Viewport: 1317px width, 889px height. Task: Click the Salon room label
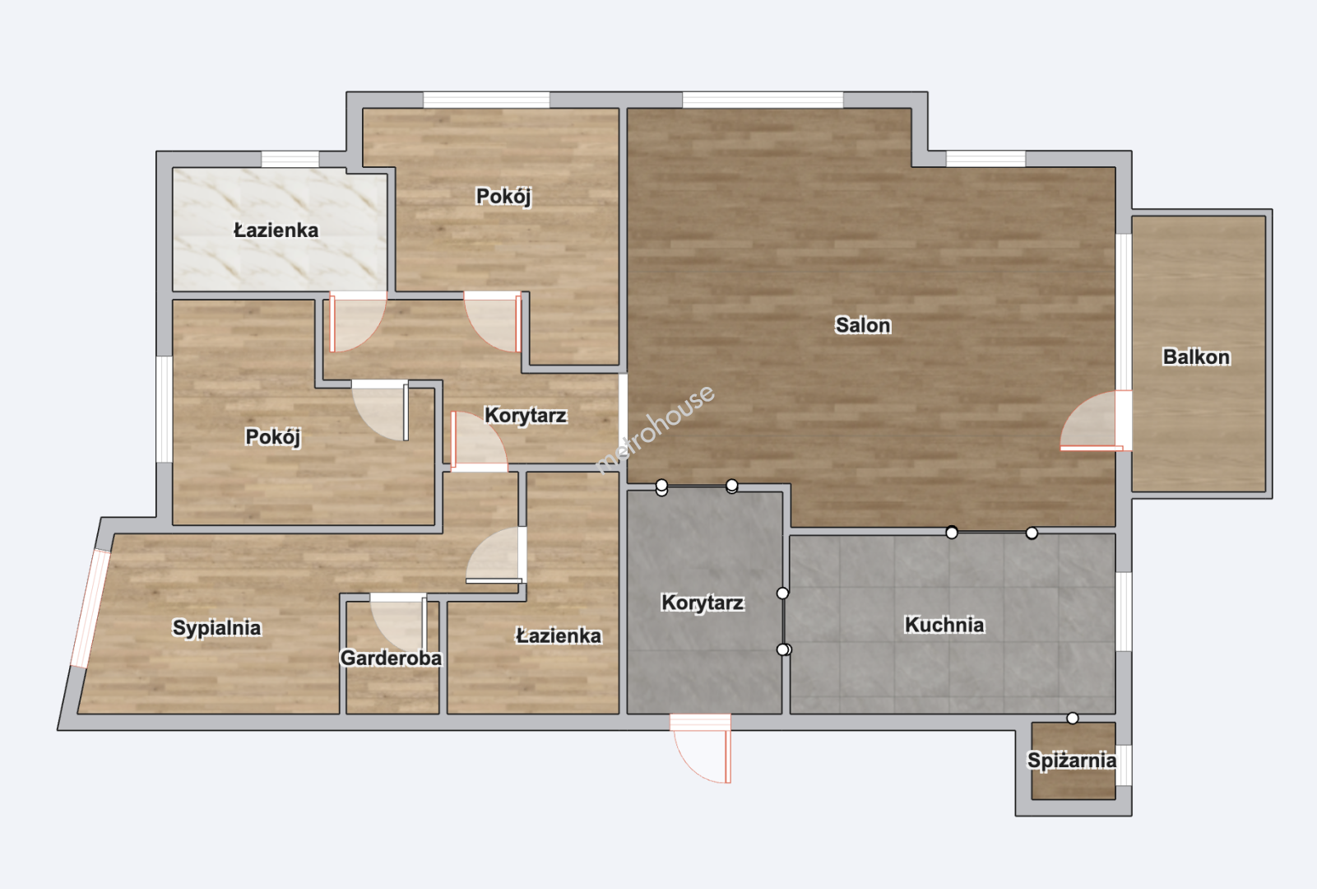point(863,325)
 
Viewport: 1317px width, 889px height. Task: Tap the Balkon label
point(1196,357)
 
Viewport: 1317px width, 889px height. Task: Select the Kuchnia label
point(944,625)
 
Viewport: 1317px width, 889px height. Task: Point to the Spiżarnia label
point(1072,761)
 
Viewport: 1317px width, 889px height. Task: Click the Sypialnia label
point(216,628)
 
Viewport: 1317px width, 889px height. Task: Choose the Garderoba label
point(391,659)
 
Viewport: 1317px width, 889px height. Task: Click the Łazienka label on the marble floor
point(276,230)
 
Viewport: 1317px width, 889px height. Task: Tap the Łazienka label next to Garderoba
point(559,636)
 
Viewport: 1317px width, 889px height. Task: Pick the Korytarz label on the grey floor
point(703,603)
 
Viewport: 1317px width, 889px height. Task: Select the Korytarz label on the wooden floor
point(526,416)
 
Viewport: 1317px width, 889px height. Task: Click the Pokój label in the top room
point(503,197)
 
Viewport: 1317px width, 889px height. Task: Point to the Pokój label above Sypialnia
point(273,437)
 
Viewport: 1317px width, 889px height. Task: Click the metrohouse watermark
point(656,428)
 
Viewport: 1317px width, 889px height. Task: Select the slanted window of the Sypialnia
point(90,608)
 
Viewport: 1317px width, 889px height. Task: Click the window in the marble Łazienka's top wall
point(290,160)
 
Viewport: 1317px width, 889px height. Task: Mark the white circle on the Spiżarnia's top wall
point(1073,719)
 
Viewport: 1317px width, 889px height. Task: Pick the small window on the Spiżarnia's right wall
point(1124,765)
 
